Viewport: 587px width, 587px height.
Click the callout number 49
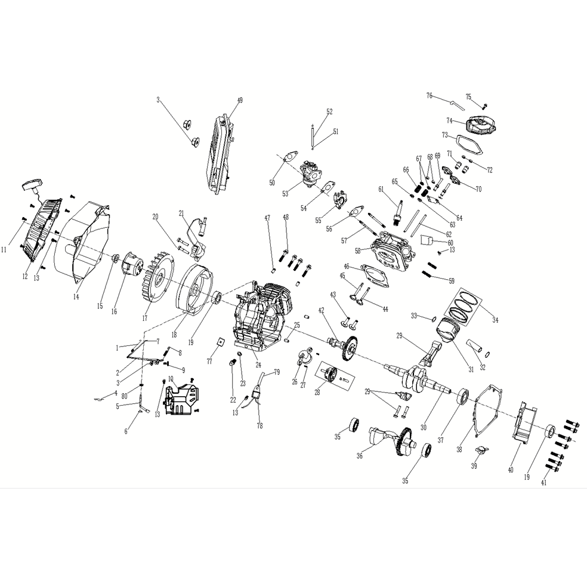240,101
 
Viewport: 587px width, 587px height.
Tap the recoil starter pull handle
30,186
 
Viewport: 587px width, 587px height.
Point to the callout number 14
76,296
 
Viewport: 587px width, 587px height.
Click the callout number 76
429,95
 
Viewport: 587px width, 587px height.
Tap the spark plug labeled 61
396,211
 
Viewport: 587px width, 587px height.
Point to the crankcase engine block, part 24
262,316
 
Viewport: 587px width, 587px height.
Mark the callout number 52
329,112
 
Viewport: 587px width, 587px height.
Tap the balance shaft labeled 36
388,441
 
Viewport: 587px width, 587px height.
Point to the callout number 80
124,396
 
